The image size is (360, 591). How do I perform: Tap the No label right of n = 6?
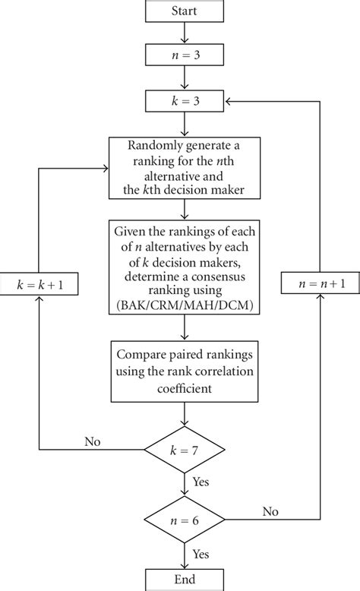pyautogui.click(x=270, y=513)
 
